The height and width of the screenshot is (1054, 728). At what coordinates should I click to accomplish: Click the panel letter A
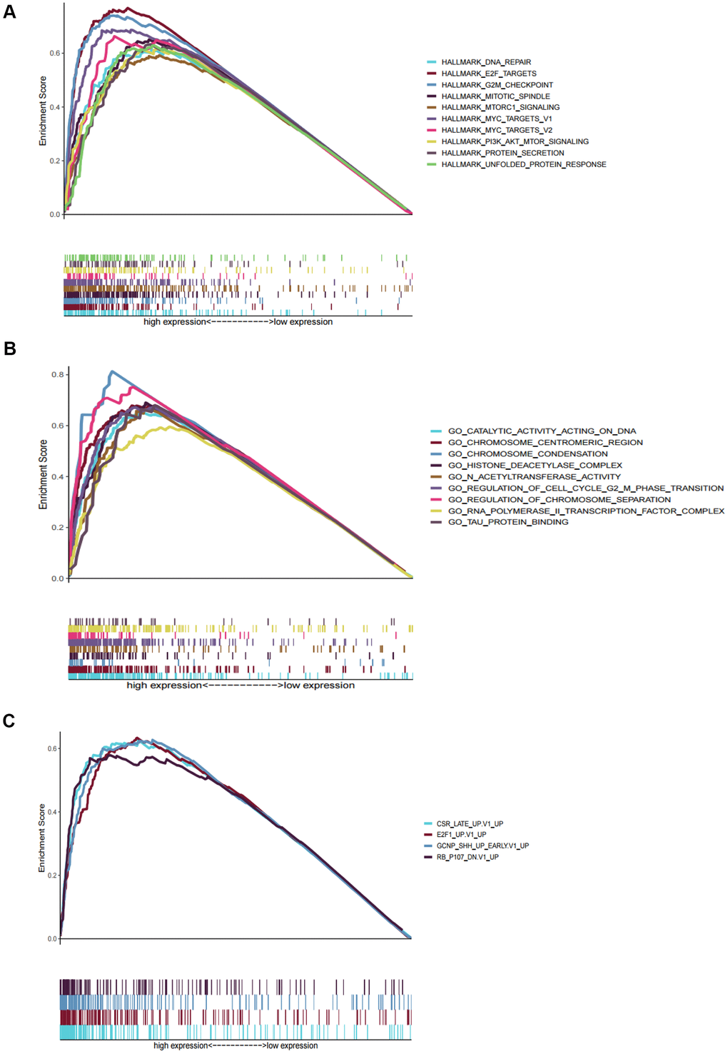click(x=9, y=12)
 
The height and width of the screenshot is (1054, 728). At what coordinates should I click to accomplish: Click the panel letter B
click(x=10, y=348)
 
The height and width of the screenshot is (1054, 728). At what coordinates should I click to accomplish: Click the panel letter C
click(x=9, y=721)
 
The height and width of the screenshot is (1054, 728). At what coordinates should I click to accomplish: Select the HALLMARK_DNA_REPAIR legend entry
click(x=485, y=62)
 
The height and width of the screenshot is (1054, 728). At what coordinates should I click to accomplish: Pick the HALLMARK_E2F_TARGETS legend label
click(x=488, y=74)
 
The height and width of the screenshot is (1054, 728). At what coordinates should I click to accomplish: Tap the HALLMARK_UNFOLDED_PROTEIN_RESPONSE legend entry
click(x=523, y=164)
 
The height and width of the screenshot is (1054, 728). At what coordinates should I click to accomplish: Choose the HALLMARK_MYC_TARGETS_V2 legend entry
click(x=496, y=130)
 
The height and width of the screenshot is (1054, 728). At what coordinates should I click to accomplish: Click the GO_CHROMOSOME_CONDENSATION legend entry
click(x=527, y=454)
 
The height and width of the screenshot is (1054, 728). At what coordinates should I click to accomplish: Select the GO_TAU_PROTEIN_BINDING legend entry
click(x=508, y=522)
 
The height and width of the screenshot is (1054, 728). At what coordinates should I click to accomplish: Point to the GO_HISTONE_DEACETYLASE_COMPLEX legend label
click(x=535, y=466)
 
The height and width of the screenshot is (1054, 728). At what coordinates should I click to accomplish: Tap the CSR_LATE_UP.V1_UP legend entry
click(x=470, y=824)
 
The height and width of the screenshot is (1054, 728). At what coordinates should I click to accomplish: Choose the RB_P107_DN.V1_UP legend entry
click(x=467, y=857)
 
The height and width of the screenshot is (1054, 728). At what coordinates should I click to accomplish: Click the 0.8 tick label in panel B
click(x=58, y=375)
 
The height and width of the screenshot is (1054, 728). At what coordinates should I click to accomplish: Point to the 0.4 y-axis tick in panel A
click(x=55, y=107)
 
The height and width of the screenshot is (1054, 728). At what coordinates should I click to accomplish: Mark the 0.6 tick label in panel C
click(x=53, y=749)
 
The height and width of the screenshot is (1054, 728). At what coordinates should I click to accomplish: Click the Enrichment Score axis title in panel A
click(x=43, y=111)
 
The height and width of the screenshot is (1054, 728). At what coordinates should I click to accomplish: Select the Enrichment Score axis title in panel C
click(x=41, y=838)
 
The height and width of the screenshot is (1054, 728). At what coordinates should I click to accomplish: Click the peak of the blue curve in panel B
click(x=111, y=371)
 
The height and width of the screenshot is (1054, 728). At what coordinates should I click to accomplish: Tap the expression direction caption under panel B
click(x=241, y=686)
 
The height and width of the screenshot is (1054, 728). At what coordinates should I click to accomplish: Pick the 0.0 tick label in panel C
click(x=53, y=939)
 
